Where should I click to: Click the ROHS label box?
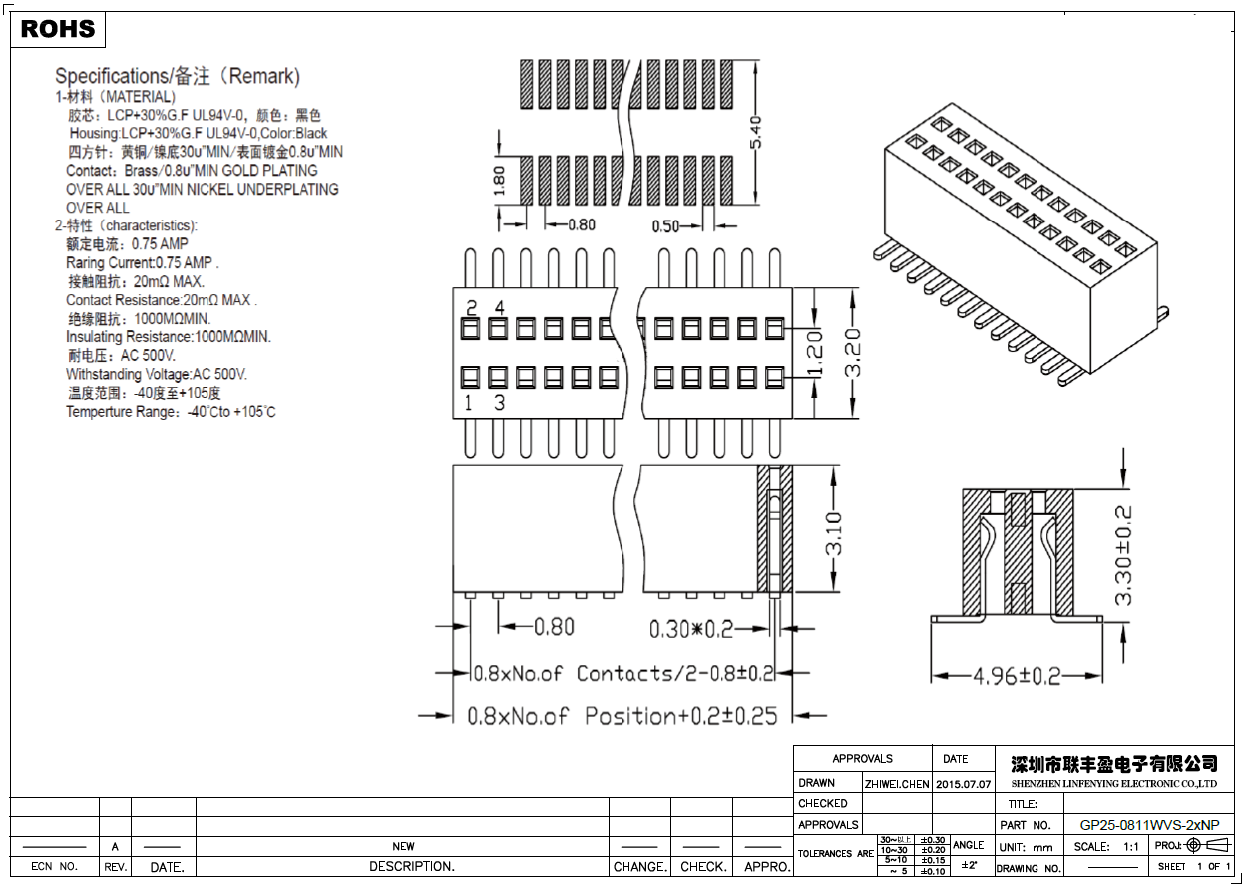(58, 30)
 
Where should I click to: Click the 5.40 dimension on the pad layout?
(755, 133)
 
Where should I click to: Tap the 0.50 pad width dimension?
(665, 226)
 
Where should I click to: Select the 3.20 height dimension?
(853, 353)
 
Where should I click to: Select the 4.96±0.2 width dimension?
(1017, 676)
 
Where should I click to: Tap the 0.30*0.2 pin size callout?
(691, 629)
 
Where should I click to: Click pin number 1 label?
(469, 403)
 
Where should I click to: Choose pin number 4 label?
(500, 306)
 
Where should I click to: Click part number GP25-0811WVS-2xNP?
(1149, 825)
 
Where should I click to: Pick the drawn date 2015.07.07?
(963, 784)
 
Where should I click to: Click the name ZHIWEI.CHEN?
(897, 784)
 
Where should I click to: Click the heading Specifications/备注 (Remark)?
(178, 76)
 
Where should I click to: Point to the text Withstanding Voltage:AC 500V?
(157, 374)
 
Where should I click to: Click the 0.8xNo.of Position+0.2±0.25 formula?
(622, 716)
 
